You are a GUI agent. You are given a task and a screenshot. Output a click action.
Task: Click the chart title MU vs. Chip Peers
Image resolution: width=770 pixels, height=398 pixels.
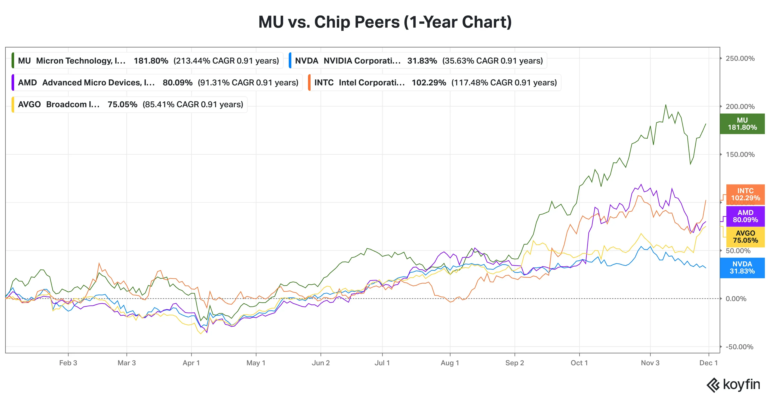point(385,22)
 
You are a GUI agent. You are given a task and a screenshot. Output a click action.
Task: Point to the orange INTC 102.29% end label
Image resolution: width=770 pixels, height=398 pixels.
point(745,194)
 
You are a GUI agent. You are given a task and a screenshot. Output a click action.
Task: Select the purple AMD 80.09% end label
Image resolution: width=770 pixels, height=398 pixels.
point(745,216)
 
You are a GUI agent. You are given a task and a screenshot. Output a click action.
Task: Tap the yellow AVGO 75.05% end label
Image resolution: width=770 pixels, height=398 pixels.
point(745,236)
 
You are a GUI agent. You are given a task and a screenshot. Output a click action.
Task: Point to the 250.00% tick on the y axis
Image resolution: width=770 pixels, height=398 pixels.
point(740,58)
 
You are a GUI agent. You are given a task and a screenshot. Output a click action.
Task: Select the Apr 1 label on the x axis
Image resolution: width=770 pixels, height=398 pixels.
point(191,363)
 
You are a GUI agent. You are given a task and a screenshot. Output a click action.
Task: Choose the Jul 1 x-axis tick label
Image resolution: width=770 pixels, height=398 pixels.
point(382,363)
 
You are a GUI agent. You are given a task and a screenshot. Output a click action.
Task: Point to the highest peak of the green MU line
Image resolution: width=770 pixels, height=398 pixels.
point(665,105)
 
